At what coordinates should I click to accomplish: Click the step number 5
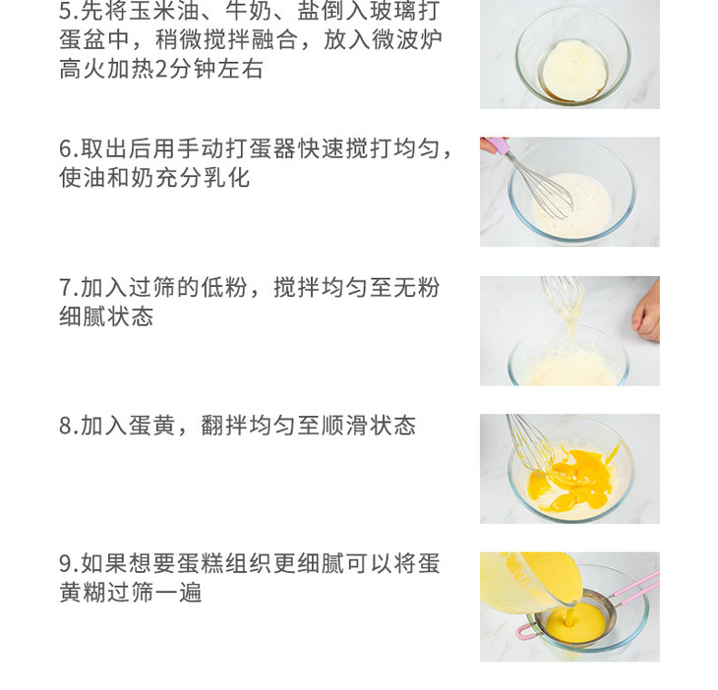point(66,11)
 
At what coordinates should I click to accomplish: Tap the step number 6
point(66,149)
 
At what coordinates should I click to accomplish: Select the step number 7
point(66,288)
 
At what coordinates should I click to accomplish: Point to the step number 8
point(66,426)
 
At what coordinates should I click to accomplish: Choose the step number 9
point(66,564)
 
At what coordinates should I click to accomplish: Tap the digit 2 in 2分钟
point(161,70)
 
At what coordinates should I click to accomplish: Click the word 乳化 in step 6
point(226,178)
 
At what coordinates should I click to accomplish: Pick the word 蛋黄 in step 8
point(151,426)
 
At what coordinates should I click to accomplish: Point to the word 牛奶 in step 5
point(249,11)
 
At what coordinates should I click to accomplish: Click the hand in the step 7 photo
point(646,313)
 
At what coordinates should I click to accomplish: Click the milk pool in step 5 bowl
point(574,71)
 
